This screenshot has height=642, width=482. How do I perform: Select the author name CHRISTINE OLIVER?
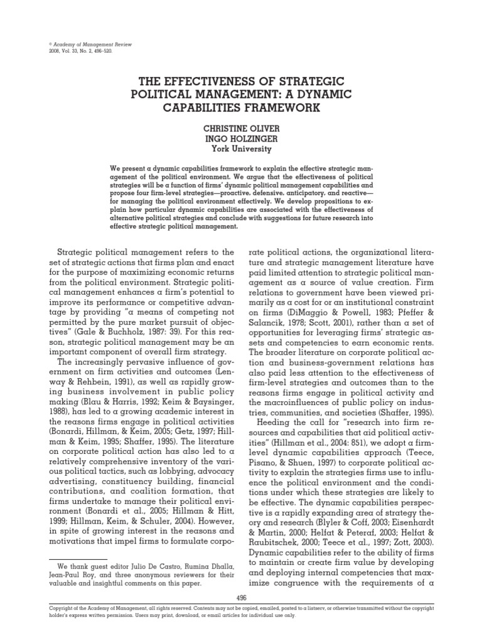click(241, 127)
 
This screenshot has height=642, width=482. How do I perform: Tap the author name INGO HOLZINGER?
click(241, 139)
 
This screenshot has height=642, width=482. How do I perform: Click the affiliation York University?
click(241, 149)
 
